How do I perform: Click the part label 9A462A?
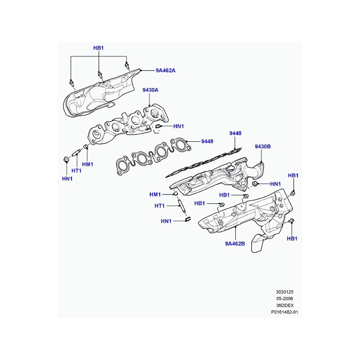tap(166, 71)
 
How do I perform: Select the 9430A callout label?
tap(150, 90)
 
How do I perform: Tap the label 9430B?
tap(263, 147)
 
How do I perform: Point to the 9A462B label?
tap(235, 243)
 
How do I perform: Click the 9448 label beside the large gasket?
tap(207, 141)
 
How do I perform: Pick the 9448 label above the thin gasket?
tap(235, 133)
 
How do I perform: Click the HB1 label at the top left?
tap(99, 48)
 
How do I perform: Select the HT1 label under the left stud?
tap(76, 171)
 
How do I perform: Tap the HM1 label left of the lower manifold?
tap(155, 195)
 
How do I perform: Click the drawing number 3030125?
tap(285, 292)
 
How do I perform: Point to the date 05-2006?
tap(285, 299)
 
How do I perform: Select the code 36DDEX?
tap(285, 306)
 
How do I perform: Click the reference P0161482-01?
tap(284, 312)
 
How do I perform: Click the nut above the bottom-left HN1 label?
tap(66, 159)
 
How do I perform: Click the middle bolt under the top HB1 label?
tap(100, 75)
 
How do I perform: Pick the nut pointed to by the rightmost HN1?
tap(254, 184)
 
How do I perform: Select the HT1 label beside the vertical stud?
tap(160, 206)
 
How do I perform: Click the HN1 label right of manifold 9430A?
tap(179, 126)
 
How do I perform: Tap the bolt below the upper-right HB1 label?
tap(293, 193)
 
